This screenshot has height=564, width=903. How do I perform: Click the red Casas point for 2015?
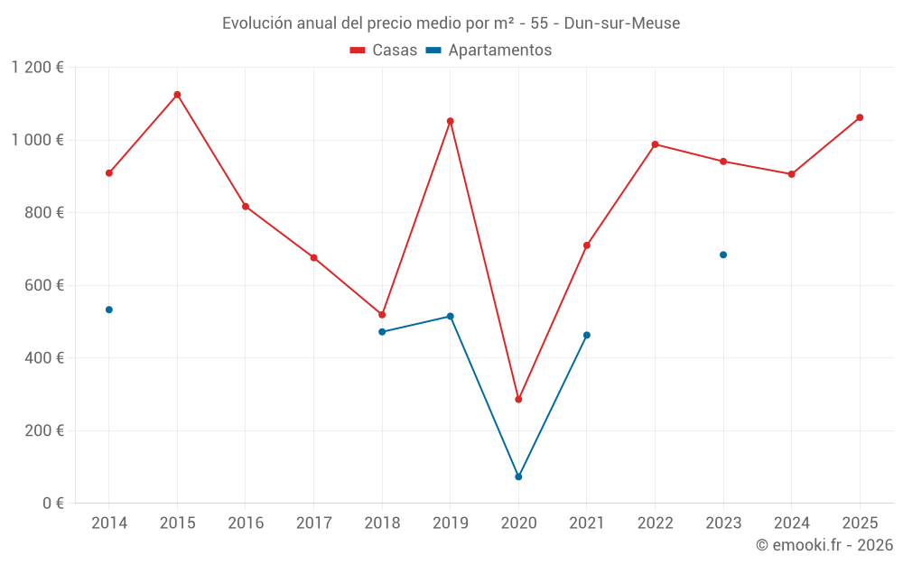[x=177, y=95]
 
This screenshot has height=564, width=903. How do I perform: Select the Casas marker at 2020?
[x=518, y=399]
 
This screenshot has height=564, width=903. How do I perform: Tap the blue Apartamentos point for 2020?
[x=518, y=476]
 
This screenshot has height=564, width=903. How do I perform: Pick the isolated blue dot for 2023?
[x=723, y=254]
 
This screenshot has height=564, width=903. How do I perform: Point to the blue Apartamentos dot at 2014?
[x=109, y=310]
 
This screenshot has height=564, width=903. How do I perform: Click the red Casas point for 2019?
[x=451, y=121]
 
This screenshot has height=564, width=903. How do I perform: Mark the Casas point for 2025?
[x=860, y=117]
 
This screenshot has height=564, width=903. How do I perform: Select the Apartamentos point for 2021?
[x=587, y=335]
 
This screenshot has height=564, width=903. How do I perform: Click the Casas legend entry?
[x=384, y=51]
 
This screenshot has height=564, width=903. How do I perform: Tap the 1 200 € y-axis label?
[x=37, y=68]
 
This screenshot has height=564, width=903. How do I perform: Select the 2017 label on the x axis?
[x=313, y=523]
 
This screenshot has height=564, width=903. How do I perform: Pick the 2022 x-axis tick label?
[x=655, y=523]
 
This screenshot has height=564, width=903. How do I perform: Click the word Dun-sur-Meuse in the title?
[x=621, y=23]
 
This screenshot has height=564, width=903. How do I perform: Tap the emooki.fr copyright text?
[x=824, y=545]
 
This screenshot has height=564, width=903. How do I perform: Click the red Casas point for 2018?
[x=382, y=315]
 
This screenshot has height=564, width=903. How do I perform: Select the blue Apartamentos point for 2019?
[x=451, y=317]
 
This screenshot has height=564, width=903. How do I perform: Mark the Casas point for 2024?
[x=792, y=174]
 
